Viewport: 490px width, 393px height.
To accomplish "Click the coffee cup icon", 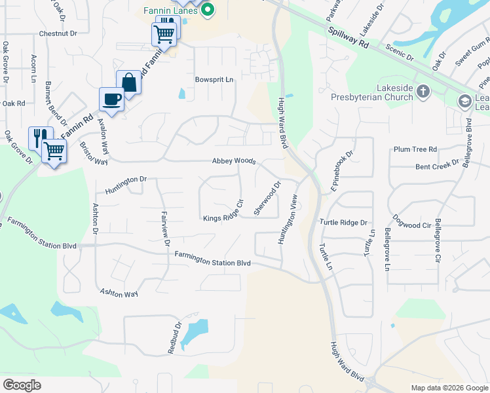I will pyautogui.click(x=111, y=99).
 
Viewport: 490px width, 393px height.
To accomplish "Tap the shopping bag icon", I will pyautogui.click(x=129, y=83).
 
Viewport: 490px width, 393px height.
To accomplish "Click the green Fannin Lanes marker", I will pyautogui.click(x=208, y=9).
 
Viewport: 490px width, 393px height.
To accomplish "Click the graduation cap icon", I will pyautogui.click(x=465, y=101).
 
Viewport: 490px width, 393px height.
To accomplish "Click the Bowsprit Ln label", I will pyautogui.click(x=214, y=79).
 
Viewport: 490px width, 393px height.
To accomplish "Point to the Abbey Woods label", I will pyautogui.click(x=233, y=161).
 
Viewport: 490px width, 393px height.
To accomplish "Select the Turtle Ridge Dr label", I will pyautogui.click(x=343, y=223).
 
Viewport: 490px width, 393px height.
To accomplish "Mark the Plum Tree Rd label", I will pyautogui.click(x=415, y=149).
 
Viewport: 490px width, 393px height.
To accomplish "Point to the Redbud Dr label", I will pyautogui.click(x=174, y=337).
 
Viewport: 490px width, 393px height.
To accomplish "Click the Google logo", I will pyautogui.click(x=22, y=385).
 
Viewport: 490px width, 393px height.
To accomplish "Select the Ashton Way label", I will pyautogui.click(x=119, y=293).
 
